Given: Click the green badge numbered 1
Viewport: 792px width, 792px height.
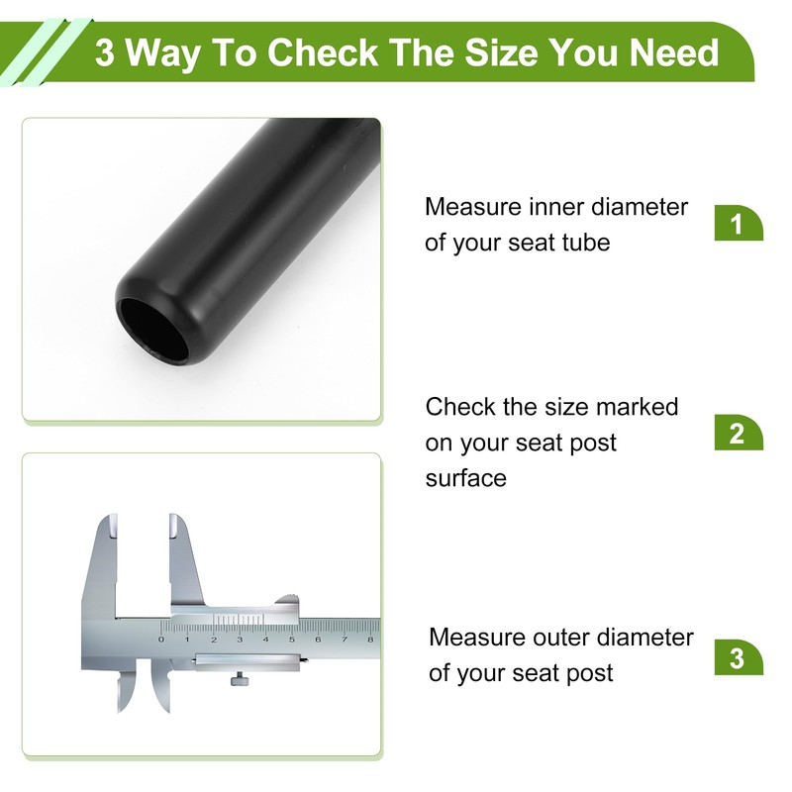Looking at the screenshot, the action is click(x=738, y=224).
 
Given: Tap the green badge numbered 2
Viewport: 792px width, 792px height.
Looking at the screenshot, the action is click(x=738, y=433).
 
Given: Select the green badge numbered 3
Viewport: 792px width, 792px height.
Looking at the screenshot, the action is click(x=738, y=657).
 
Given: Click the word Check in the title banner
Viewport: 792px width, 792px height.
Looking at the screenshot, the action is click(x=323, y=52).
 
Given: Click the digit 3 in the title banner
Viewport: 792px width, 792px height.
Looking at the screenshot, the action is click(x=105, y=52).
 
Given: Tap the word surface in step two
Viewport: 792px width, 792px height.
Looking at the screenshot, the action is click(x=465, y=478).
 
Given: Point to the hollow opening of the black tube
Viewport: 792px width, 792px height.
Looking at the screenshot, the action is click(x=152, y=331).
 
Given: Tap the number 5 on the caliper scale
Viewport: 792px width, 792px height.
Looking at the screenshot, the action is click(x=292, y=640).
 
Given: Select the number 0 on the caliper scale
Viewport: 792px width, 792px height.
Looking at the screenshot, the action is click(x=161, y=640).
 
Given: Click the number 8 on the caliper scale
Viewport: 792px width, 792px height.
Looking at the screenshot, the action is click(x=370, y=640).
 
